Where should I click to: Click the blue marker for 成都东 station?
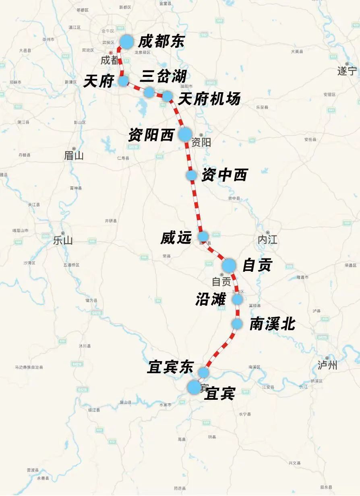[126, 41]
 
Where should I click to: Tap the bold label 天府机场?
[209, 99]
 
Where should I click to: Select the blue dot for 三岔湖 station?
[149, 92]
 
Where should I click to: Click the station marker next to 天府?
[123, 81]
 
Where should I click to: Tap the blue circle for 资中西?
[192, 175]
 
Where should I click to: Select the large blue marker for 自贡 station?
[229, 265]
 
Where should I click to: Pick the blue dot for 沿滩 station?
[237, 299]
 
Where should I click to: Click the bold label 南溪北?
[273, 324]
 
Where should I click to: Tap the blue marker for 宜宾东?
[204, 372]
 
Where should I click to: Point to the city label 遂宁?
[347, 71]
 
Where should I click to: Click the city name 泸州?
[327, 365]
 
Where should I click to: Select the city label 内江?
[267, 240]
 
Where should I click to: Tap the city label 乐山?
[63, 240]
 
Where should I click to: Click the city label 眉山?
[74, 156]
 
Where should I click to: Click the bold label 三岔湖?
[163, 76]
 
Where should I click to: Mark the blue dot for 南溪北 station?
[237, 324]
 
